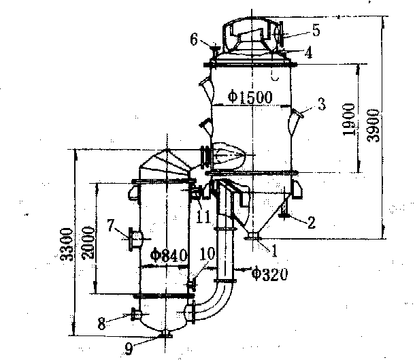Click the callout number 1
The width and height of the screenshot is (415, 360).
coord(275,249)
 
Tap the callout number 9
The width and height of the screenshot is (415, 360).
coord(128,347)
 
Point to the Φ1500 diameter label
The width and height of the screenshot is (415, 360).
coord(250,97)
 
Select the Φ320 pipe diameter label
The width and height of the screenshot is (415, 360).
coord(269,274)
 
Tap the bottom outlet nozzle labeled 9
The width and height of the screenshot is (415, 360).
coord(166,335)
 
